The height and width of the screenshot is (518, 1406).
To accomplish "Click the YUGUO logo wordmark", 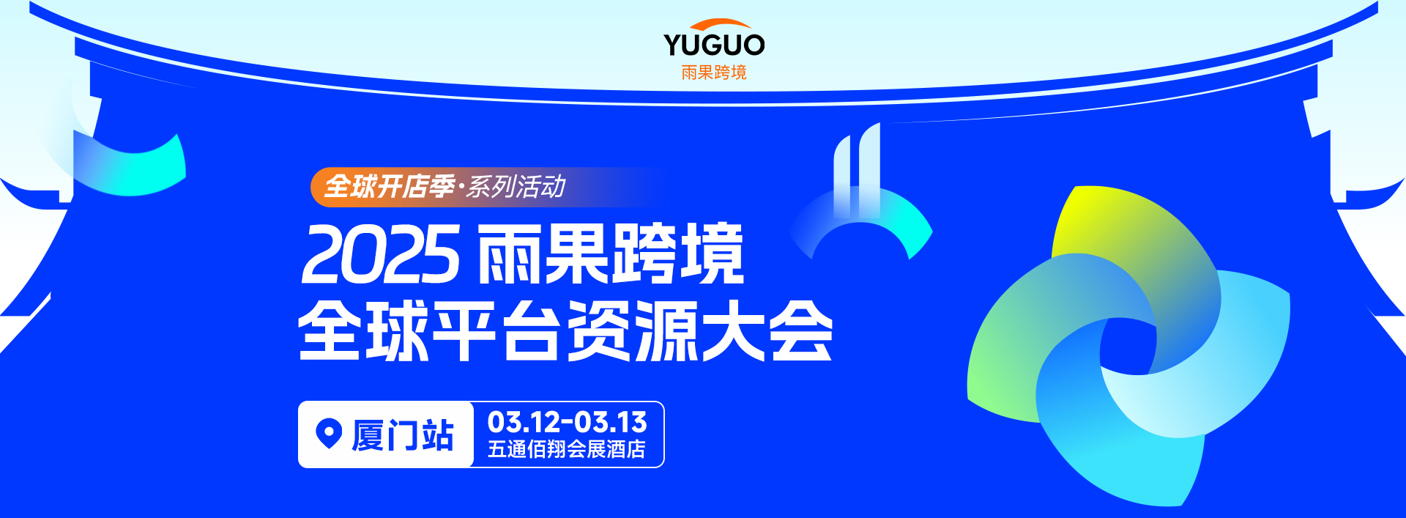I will [714, 45].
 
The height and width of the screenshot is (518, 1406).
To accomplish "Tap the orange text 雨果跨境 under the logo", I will [714, 73].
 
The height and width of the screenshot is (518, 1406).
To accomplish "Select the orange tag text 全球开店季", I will [389, 187].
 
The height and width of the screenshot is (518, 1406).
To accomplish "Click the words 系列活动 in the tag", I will [516, 187].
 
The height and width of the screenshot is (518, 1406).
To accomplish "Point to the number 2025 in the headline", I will [381, 254].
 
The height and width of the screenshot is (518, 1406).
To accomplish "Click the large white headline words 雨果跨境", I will [611, 254].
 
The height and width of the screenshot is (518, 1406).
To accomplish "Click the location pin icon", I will [329, 433].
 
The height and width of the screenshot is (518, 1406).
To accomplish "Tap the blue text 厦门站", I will [403, 435].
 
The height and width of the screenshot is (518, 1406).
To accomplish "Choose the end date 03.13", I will [611, 422].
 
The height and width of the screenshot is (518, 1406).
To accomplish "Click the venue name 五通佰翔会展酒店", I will [567, 449].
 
